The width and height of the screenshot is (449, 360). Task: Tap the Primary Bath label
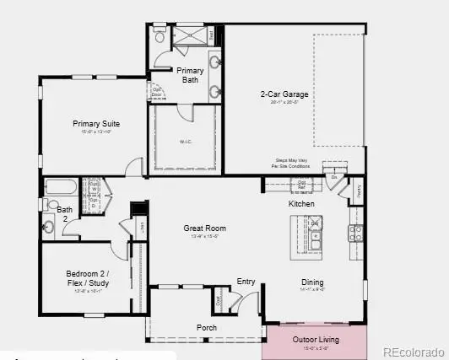(189, 76)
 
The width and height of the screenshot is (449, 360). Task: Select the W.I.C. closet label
(184, 142)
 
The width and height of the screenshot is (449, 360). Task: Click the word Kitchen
(301, 204)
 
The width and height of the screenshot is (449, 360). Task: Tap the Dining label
(312, 282)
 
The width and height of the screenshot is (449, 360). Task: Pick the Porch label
(207, 327)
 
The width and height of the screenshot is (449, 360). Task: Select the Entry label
(246, 282)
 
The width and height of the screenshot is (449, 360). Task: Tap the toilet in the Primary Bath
(160, 35)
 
